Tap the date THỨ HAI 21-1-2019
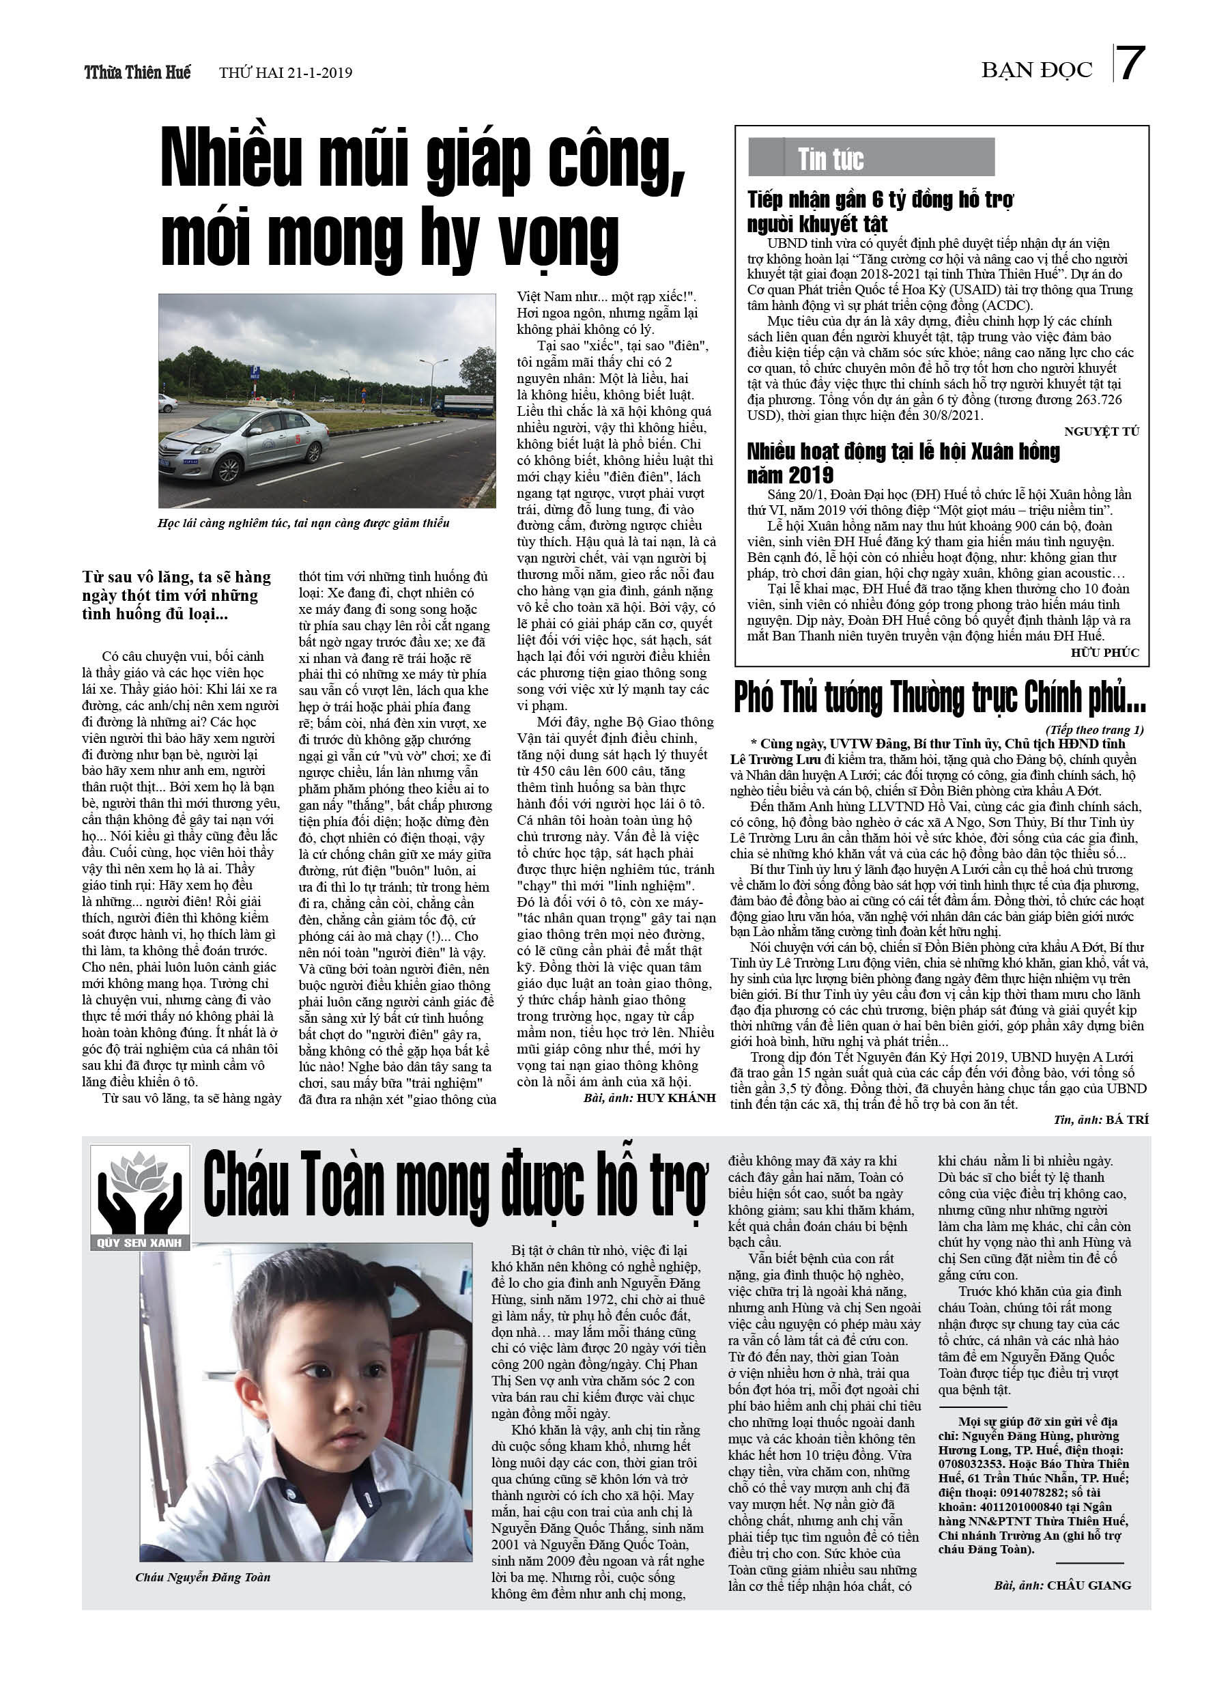[x=285, y=73]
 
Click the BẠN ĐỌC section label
[x=1037, y=70]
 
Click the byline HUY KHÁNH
[x=676, y=1098]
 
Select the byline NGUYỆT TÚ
[x=1102, y=431]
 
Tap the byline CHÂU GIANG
[x=1088, y=1585]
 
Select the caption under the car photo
[x=303, y=523]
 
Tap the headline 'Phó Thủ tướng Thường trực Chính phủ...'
[x=939, y=698]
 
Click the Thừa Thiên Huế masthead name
[x=137, y=72]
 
